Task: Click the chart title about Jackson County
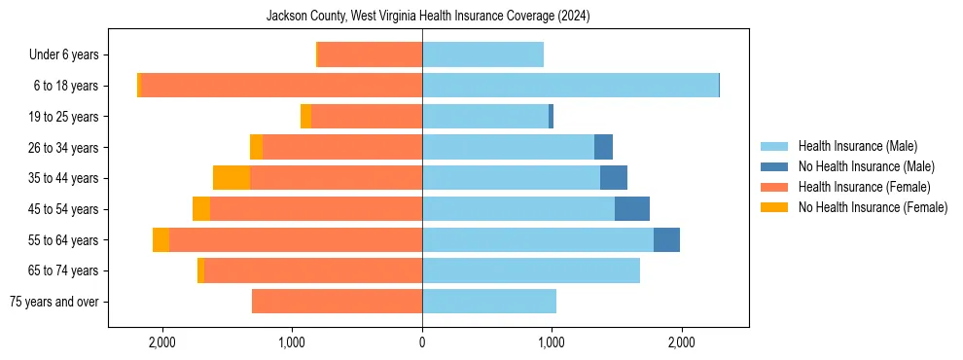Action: click(428, 17)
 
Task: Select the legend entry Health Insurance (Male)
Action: click(857, 146)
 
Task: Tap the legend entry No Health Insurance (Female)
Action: click(873, 207)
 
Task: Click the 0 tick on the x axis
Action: click(422, 342)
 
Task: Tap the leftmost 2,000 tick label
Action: click(161, 342)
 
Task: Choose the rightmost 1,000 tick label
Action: click(552, 342)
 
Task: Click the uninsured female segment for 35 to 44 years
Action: click(232, 178)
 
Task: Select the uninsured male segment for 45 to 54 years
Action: click(632, 209)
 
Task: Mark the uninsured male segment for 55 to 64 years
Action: click(666, 239)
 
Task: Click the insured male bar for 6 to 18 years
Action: click(570, 86)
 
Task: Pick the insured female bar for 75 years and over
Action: click(337, 302)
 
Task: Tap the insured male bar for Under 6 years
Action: click(482, 55)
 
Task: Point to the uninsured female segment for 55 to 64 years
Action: click(160, 239)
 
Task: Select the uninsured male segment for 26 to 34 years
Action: click(603, 147)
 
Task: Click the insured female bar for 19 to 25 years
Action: click(367, 117)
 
